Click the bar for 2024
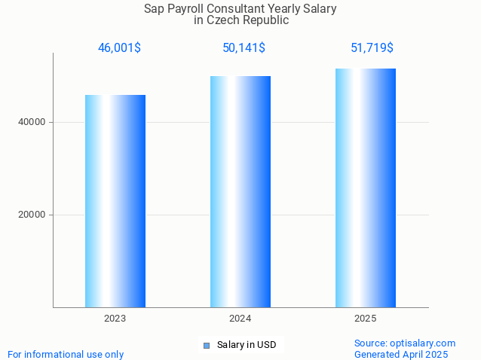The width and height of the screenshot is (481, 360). [240, 191]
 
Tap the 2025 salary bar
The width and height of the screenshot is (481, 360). [366, 188]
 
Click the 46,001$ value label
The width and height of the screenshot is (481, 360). [119, 48]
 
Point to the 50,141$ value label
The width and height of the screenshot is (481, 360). [244, 48]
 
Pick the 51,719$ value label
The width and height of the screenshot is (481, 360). [372, 48]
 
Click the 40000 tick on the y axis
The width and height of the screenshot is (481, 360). [31, 122]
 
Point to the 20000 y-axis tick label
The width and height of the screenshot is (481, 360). [31, 215]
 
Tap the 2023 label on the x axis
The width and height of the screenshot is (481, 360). [115, 319]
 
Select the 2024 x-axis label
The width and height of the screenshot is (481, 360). [240, 319]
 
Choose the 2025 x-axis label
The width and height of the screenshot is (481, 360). [366, 319]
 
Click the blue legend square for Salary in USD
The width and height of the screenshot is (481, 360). [206, 346]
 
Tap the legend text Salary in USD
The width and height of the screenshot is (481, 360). [247, 345]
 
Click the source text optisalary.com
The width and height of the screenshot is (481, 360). [405, 343]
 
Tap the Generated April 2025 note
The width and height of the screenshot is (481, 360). [401, 354]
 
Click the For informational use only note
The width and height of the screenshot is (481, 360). [66, 354]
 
